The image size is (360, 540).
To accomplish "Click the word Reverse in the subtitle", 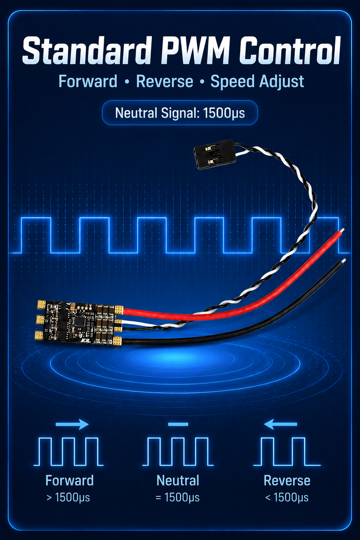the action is pyautogui.click(x=165, y=81).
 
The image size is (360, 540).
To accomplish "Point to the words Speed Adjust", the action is pyautogui.click(x=257, y=82).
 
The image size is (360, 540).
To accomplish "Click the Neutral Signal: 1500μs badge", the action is pyautogui.click(x=180, y=113).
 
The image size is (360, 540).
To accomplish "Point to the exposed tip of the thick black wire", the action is pyautogui.click(x=343, y=261).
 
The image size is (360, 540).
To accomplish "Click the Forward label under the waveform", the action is pyautogui.click(x=70, y=481).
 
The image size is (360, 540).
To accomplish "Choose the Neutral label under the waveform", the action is pyautogui.click(x=178, y=481).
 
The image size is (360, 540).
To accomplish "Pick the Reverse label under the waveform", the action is pyautogui.click(x=287, y=481).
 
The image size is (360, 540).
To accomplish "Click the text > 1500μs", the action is pyautogui.click(x=68, y=497).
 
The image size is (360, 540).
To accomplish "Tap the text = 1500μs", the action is pyautogui.click(x=178, y=497).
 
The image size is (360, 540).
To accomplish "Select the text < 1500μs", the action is pyautogui.click(x=287, y=497).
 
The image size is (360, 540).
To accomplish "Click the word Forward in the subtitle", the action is pyautogui.click(x=88, y=81).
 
